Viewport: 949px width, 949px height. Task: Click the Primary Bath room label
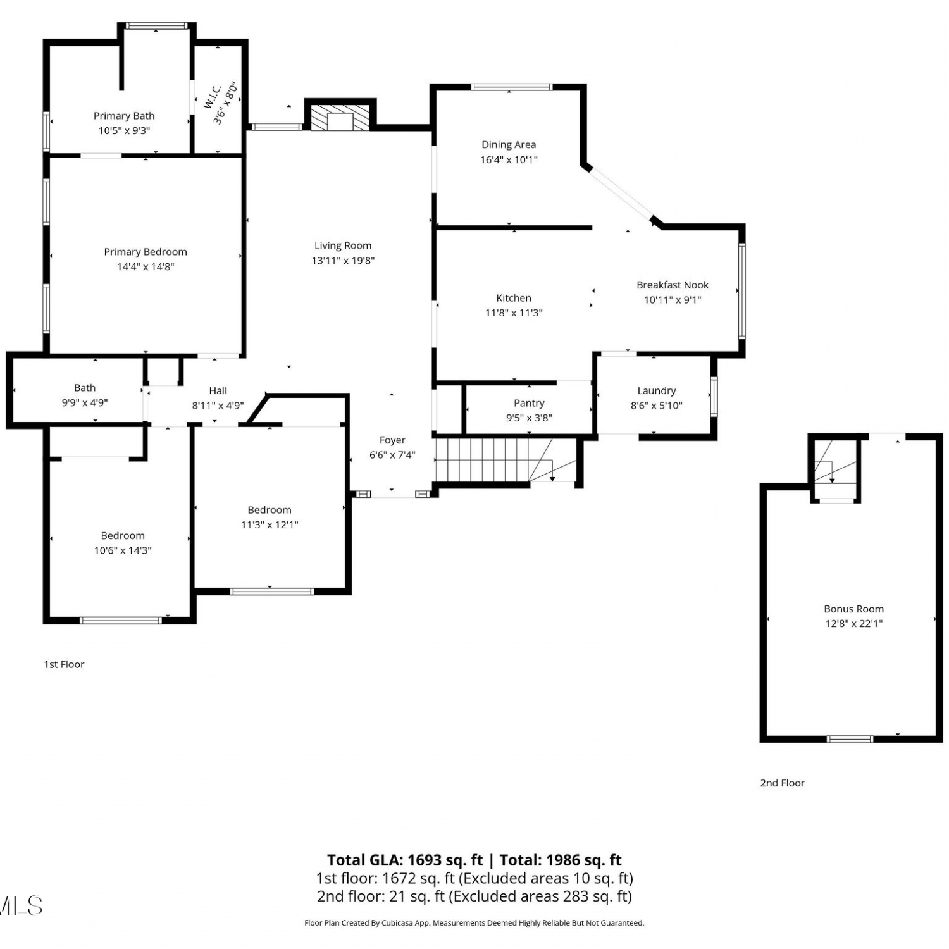click(x=124, y=116)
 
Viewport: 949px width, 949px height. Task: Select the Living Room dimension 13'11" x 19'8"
click(x=343, y=261)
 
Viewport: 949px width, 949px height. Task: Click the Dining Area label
click(x=509, y=145)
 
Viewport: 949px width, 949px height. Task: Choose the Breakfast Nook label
click(x=673, y=285)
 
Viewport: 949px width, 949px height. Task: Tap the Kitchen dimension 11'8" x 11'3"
click(x=514, y=313)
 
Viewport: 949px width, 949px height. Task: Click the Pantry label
click(x=529, y=403)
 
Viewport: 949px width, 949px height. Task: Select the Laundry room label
click(x=657, y=391)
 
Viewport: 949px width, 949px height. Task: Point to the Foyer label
click(x=392, y=440)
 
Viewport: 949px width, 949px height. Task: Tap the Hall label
click(x=218, y=391)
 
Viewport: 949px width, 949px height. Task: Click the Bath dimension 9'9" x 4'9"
click(x=85, y=402)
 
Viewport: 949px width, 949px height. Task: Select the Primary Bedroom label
click(x=146, y=252)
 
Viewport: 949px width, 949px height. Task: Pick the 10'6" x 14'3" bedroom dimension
click(x=123, y=550)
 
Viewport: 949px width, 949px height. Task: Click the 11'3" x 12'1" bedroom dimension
click(x=270, y=524)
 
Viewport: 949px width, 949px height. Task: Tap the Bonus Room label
click(x=853, y=609)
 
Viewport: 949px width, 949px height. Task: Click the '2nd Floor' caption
click(x=782, y=783)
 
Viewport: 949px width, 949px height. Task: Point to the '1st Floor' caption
click(x=64, y=664)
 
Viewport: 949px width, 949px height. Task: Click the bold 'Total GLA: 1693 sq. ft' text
click(x=405, y=860)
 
